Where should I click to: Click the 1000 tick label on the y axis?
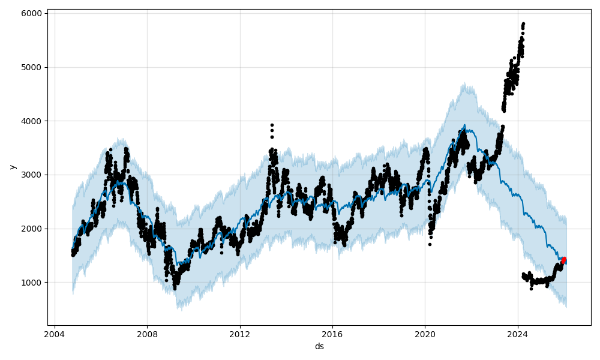[x=32, y=283]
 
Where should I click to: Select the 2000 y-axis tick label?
[x=32, y=229]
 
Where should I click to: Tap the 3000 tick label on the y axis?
[x=32, y=175]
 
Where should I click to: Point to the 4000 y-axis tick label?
[x=32, y=121]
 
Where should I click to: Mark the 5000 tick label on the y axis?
[x=32, y=67]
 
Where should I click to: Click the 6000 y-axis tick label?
[x=32, y=13]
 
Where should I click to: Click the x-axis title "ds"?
[x=319, y=346]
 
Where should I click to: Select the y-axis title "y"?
[x=11, y=167]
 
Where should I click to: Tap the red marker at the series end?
[x=563, y=260]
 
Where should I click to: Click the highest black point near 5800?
[x=523, y=24]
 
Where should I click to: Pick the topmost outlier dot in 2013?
[x=272, y=125]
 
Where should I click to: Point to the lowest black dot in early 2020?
[x=430, y=244]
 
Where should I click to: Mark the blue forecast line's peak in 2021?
[x=464, y=125]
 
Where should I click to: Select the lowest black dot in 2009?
[x=175, y=289]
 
